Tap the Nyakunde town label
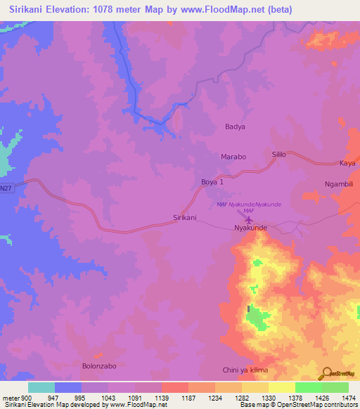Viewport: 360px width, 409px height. click(251, 228)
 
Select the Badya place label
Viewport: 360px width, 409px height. click(235, 127)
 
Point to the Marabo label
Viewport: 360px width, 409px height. click(233, 157)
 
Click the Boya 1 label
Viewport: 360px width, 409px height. click(212, 182)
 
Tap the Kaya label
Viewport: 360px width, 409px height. click(347, 163)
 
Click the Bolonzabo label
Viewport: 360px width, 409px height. click(98, 366)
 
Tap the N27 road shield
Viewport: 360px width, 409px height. click(6, 188)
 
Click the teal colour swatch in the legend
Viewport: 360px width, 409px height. click(41, 387)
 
